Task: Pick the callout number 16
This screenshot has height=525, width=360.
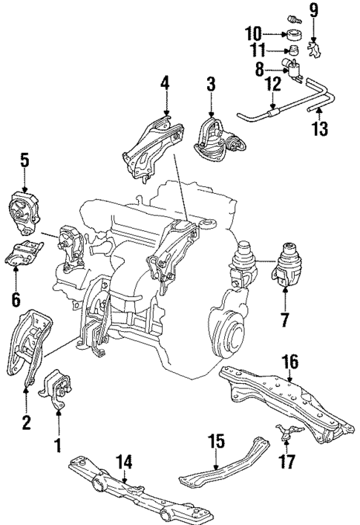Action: click(x=289, y=362)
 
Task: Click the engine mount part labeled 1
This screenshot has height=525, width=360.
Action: click(x=58, y=390)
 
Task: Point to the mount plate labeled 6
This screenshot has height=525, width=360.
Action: click(x=23, y=255)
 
